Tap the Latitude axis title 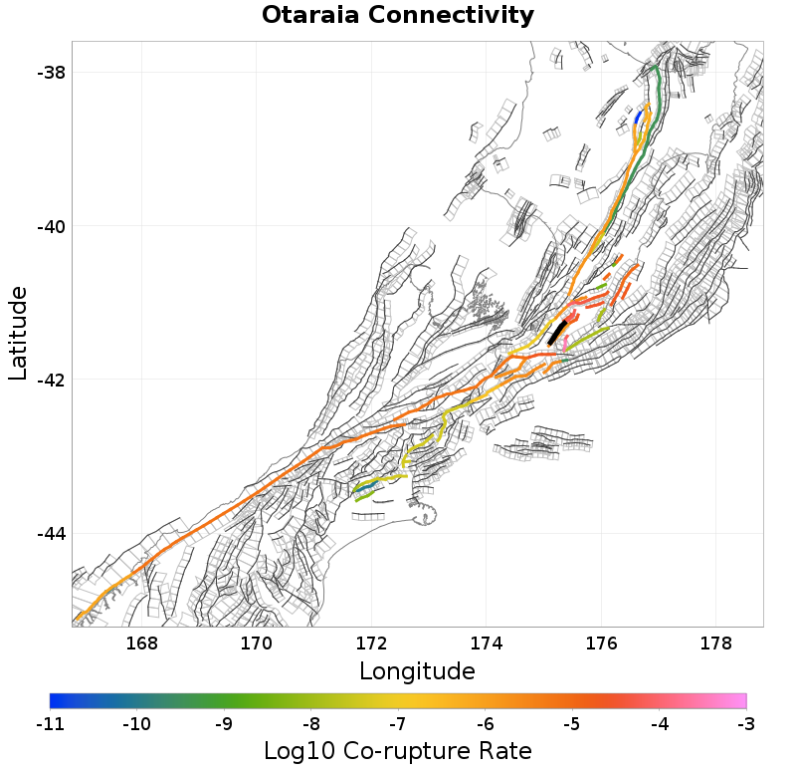point(18,333)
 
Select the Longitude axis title point(417,670)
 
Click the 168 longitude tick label point(142,644)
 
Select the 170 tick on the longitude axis point(257,644)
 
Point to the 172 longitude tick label point(371,644)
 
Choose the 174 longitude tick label point(487,644)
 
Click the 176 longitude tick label point(601,644)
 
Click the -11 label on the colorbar point(50,724)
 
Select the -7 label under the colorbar point(398,724)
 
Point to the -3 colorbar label point(745,724)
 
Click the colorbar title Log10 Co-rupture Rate point(398,751)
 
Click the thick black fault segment point(557,332)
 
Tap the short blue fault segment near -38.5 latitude point(638,118)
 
